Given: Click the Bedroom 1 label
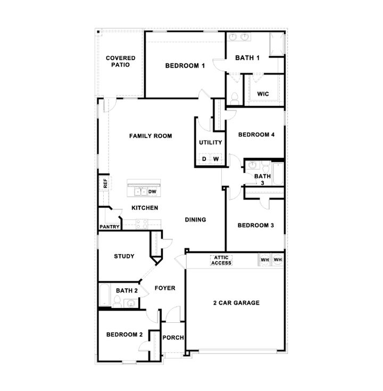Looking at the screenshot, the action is point(185,66).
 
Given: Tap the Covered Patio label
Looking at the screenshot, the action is point(121,61).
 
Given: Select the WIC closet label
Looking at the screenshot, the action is point(263,94).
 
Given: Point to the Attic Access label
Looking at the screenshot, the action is point(221,260).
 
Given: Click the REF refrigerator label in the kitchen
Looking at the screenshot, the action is point(105,183).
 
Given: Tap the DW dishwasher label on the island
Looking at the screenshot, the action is point(152,192).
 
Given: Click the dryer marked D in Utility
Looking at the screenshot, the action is point(204,159).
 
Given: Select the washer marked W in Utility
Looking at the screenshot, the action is point(216,159).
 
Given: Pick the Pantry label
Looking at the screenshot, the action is point(110,227).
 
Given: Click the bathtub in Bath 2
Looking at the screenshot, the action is point(105,295).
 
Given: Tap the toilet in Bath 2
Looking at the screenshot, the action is point(117,301).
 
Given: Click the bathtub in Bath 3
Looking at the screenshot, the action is point(278,174).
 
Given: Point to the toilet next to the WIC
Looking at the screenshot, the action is point(235,99).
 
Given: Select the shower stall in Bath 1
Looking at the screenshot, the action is point(277,44).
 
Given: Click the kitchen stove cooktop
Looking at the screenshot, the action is point(141,224).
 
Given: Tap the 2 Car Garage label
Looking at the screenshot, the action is point(236,303).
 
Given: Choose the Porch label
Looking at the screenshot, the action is point(173,338).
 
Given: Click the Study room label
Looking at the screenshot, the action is point(124,256).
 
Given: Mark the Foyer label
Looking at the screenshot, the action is point(165,288).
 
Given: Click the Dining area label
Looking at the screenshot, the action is point(195,219).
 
